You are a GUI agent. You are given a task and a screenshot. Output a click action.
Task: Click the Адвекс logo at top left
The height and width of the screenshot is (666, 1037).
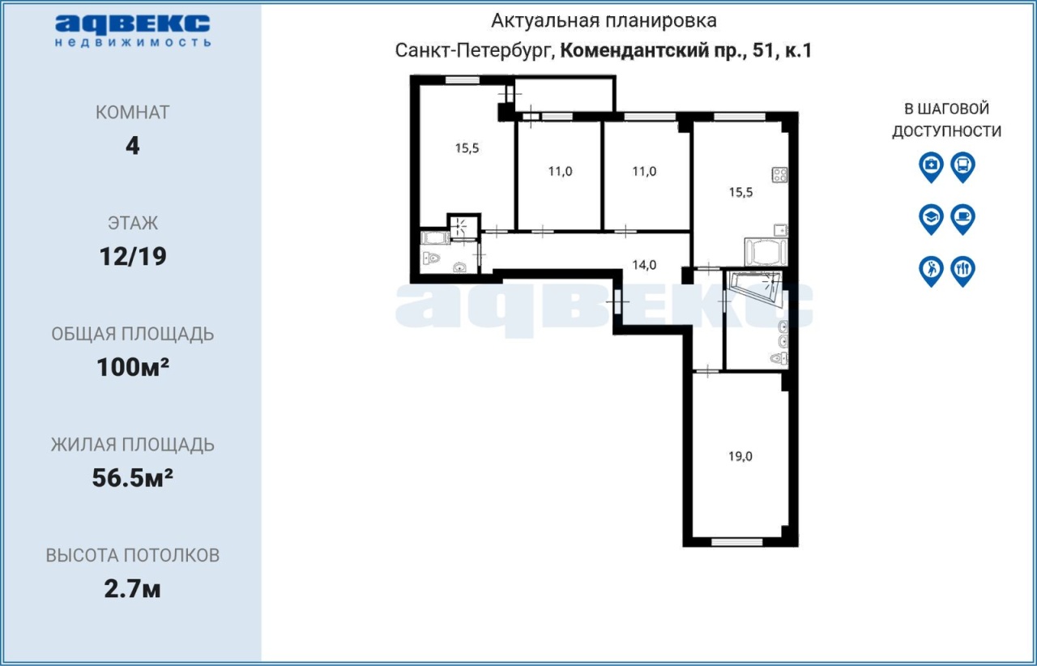tap(133, 31)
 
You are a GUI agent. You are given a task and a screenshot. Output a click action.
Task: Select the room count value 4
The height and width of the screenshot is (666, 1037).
tap(132, 147)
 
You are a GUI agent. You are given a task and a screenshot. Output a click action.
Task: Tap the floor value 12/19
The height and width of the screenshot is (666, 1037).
tap(133, 257)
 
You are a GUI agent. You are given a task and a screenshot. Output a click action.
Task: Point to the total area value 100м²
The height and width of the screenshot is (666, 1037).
tap(133, 367)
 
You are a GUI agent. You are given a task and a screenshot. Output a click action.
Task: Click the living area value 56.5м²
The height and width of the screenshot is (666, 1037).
tap(132, 478)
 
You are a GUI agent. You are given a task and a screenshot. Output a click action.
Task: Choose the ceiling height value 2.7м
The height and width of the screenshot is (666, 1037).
tap(132, 589)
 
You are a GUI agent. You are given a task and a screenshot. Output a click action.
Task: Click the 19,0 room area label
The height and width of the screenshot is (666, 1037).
tap(740, 457)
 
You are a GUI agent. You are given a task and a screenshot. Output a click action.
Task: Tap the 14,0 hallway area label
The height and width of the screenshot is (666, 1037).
tap(644, 265)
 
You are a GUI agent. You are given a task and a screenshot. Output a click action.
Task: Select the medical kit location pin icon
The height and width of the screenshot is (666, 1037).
tap(931, 167)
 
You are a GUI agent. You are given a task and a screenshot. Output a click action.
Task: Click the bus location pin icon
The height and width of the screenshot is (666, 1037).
tap(963, 167)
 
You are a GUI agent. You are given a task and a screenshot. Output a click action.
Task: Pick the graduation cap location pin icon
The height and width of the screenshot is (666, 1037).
tap(931, 219)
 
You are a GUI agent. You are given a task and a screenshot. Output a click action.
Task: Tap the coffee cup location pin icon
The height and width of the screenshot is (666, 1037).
tap(963, 219)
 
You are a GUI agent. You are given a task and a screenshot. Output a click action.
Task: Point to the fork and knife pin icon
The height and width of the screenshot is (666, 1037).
tap(963, 271)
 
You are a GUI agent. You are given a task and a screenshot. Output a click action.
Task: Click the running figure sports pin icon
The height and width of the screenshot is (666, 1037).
tap(931, 271)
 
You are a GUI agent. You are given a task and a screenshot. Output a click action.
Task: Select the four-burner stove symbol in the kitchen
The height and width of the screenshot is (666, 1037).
tap(779, 175)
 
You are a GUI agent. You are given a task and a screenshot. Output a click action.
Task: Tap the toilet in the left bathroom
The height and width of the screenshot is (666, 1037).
tap(430, 258)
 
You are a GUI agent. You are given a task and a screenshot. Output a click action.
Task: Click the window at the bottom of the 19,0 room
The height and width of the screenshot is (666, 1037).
tap(736, 542)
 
